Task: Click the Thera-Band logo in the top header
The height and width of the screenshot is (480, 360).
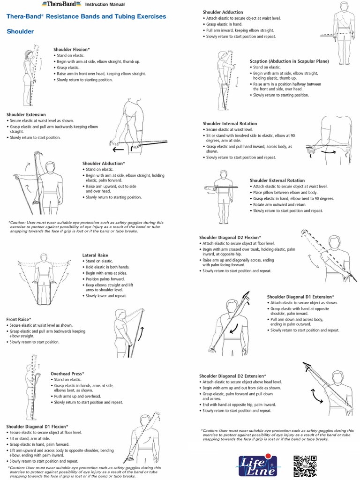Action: tap(60, 4)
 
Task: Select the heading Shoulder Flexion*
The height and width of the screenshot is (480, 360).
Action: tap(72, 49)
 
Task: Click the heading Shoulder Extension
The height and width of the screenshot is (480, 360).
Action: tap(26, 114)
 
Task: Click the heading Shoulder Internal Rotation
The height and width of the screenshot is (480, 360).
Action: tap(230, 124)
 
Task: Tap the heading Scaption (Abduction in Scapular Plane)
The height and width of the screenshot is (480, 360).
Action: tap(289, 61)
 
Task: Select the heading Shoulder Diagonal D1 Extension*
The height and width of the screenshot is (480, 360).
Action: tap(300, 297)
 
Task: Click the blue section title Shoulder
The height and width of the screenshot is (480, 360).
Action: tap(20, 31)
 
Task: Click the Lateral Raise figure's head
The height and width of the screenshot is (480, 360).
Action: tap(44, 257)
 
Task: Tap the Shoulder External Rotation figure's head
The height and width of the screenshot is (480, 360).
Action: tap(223, 174)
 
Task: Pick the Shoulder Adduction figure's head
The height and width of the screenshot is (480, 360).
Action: tap(345, 7)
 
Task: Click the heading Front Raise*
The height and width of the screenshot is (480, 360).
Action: tap(19, 319)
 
